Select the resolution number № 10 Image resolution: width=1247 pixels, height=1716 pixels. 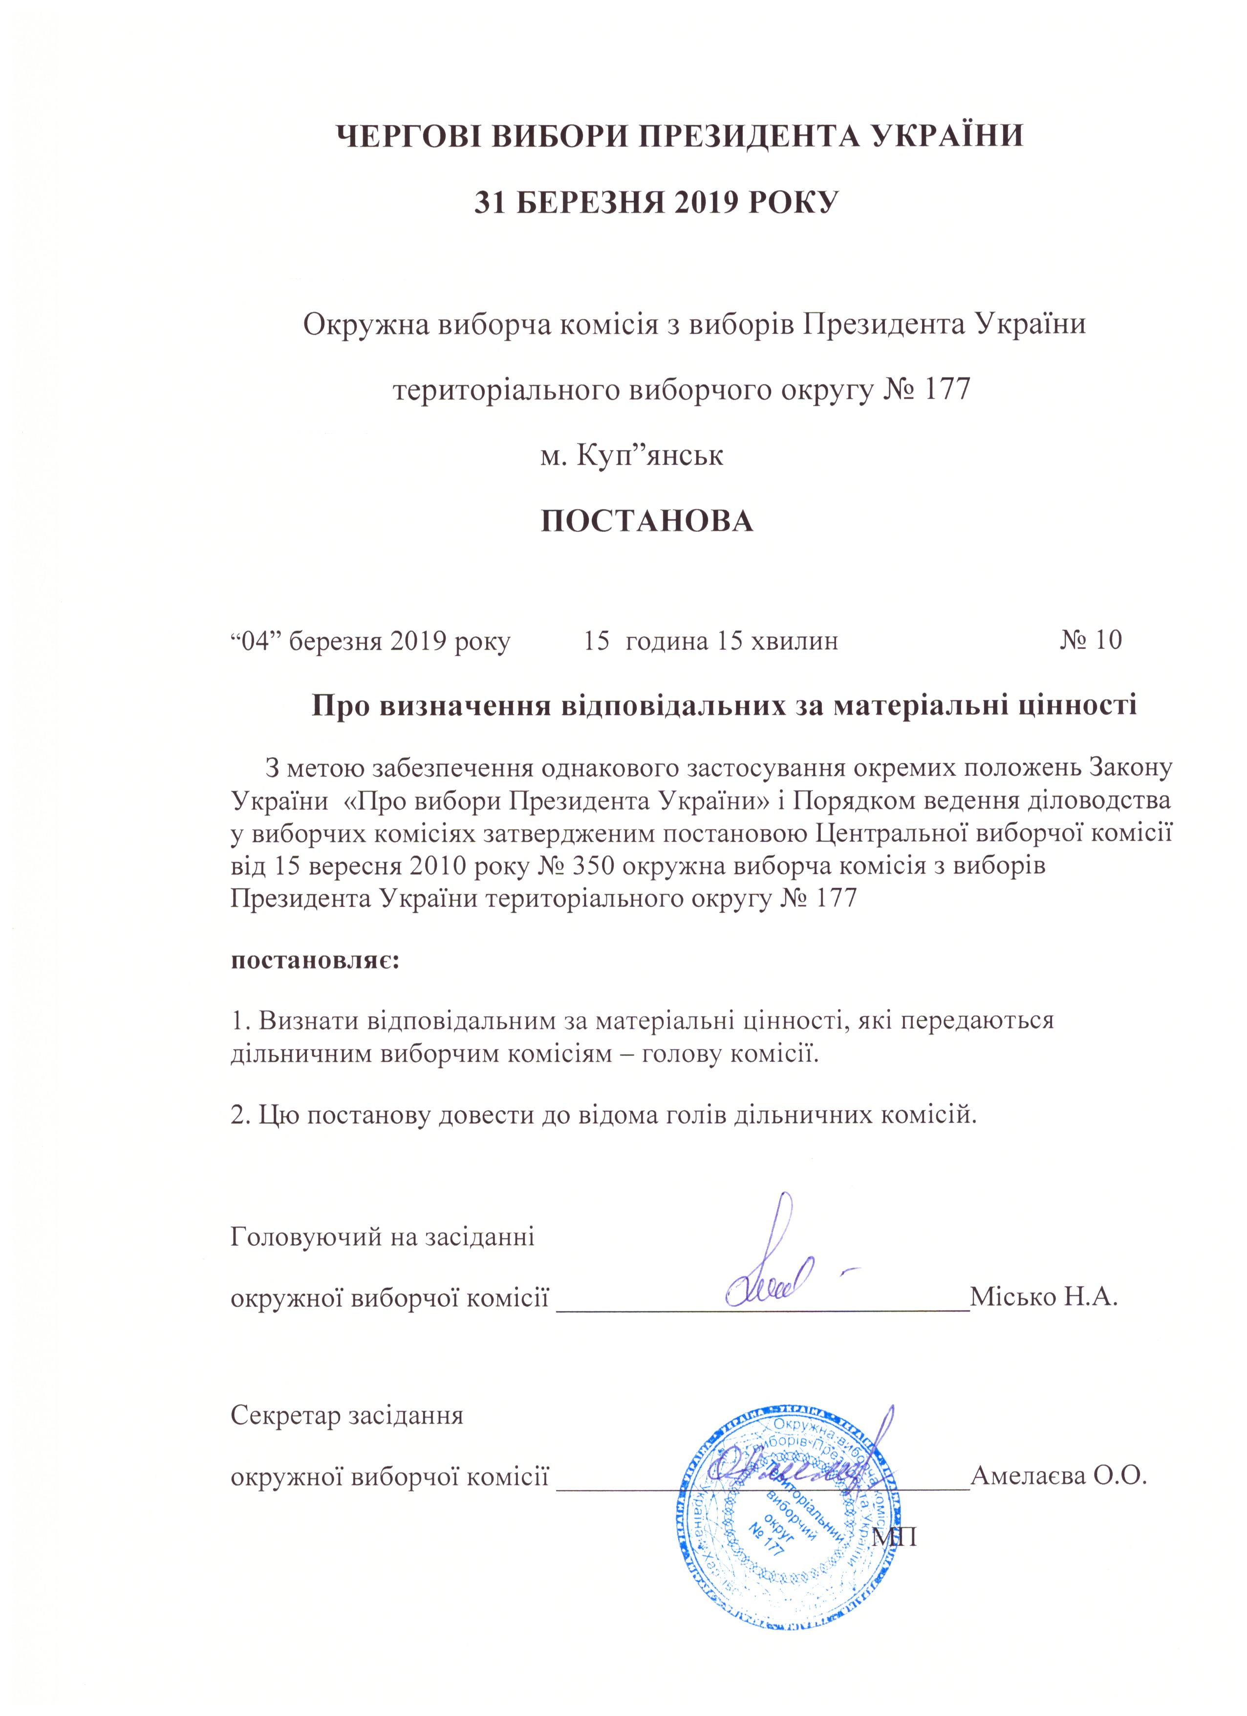coord(1091,641)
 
